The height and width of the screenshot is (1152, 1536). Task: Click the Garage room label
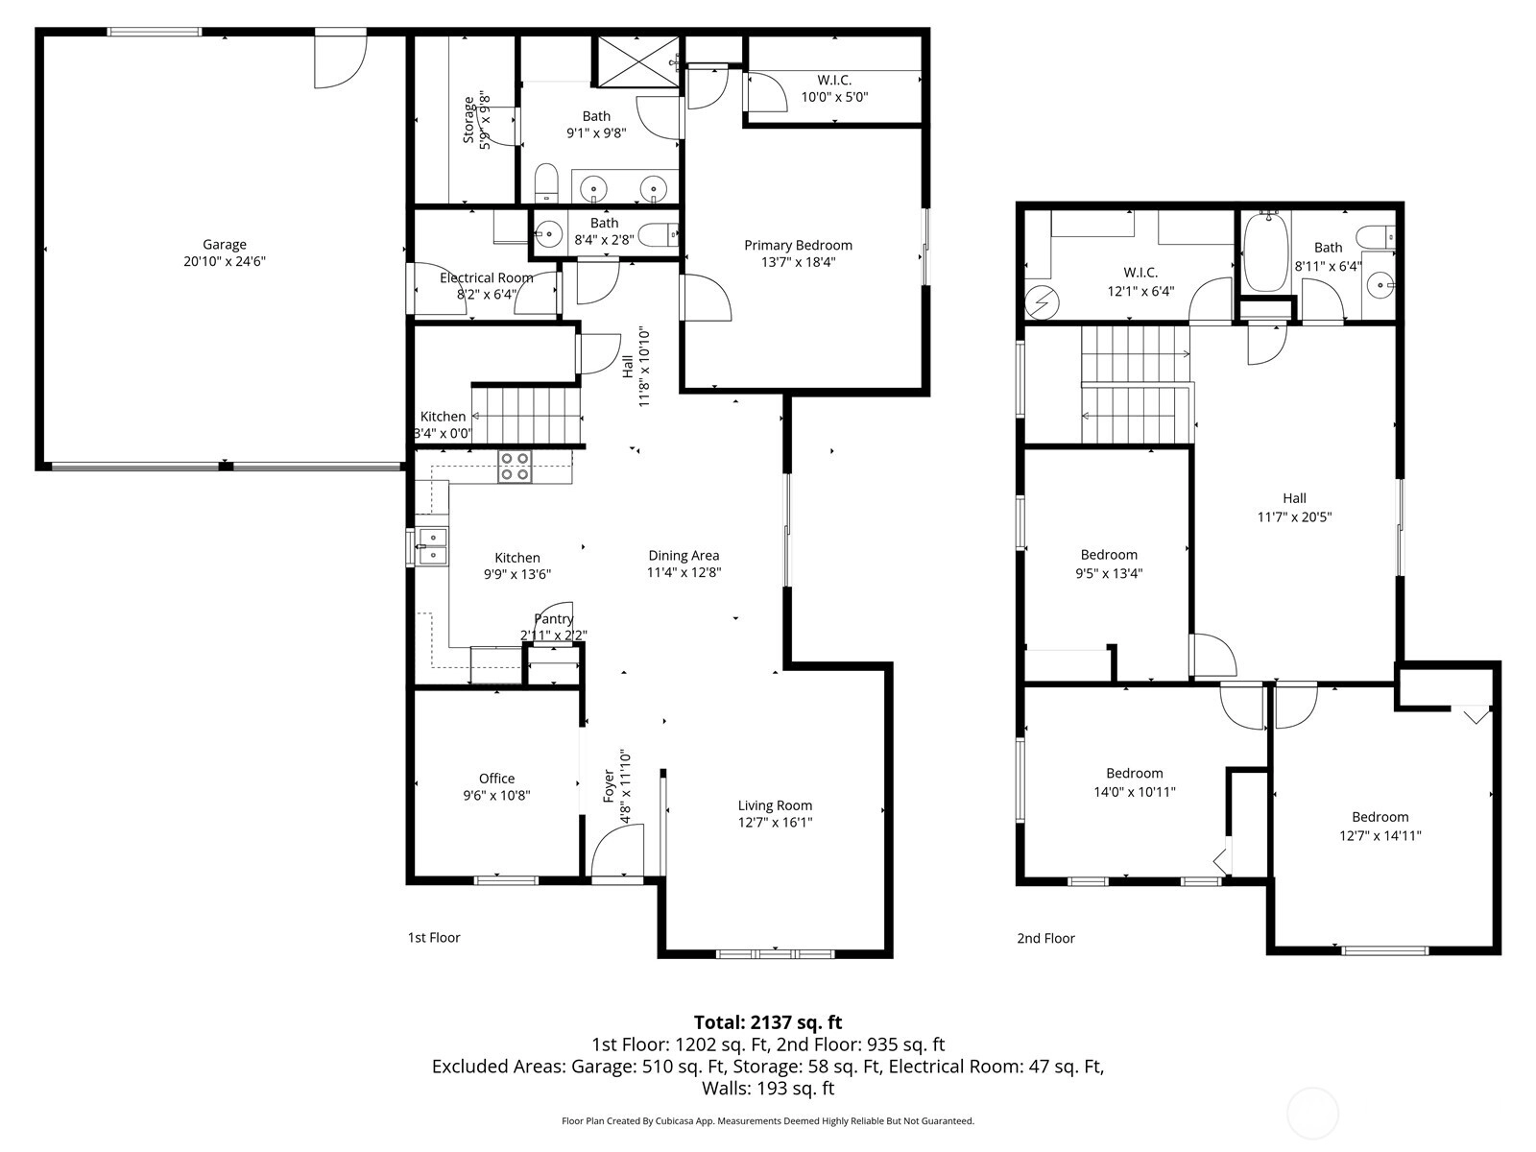coord(224,244)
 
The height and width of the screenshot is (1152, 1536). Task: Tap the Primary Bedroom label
coord(798,245)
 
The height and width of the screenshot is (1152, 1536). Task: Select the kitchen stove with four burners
coord(515,467)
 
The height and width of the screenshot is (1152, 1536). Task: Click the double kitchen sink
coord(432,546)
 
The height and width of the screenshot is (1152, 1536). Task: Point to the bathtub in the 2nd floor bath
coord(1265,252)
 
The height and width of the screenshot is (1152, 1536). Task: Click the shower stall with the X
coord(636,61)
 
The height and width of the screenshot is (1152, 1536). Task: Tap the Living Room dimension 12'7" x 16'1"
coord(775,822)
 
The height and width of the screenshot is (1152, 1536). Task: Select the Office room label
coord(496,778)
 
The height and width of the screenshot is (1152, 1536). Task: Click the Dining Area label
coord(683,556)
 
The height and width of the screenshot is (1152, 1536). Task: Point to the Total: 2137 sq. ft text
coord(768,1022)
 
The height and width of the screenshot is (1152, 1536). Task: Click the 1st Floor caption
coord(434,937)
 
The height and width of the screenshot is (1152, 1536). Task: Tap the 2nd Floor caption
coord(1045,938)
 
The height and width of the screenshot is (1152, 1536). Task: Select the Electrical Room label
coord(487,277)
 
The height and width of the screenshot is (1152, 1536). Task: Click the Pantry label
coord(554,619)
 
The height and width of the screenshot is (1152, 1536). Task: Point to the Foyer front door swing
coord(617,850)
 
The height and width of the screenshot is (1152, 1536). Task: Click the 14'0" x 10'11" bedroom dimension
coord(1135,792)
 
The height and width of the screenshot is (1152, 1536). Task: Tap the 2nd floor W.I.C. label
coord(1140,272)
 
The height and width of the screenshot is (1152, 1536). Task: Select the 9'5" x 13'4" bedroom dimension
coord(1109,573)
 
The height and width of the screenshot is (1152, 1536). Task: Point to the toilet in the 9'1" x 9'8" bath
coord(546,183)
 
